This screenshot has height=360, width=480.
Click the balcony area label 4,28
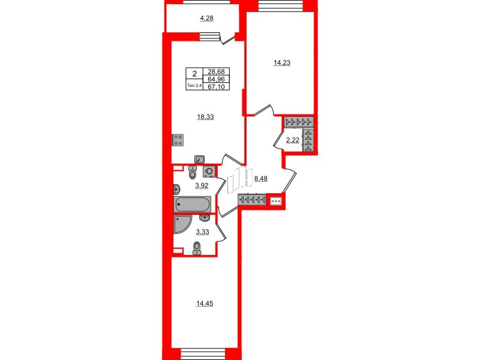tap(206, 19)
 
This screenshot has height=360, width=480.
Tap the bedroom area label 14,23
tap(281, 63)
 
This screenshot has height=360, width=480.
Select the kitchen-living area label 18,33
tap(205, 117)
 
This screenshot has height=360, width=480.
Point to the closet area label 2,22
tap(292, 140)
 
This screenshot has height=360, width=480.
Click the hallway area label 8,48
tap(260, 178)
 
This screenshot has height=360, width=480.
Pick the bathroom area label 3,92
tap(202, 185)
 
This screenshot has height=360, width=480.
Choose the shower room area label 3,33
tap(202, 232)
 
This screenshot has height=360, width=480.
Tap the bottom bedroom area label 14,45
tap(205, 304)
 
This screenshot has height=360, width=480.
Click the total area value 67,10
tap(216, 87)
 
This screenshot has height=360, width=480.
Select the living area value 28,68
tap(216, 71)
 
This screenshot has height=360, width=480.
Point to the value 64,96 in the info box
tap(216, 79)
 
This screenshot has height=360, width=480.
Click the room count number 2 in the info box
tap(194, 74)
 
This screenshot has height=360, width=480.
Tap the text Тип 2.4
tap(194, 86)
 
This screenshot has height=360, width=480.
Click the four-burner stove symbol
tap(178, 140)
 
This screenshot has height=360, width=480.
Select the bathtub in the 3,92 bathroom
tap(192, 204)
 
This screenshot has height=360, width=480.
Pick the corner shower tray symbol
tap(182, 224)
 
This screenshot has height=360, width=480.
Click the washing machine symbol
tap(209, 172)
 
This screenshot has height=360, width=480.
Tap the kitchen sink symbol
tap(200, 160)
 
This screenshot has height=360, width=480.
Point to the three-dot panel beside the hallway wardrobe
tap(276, 201)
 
